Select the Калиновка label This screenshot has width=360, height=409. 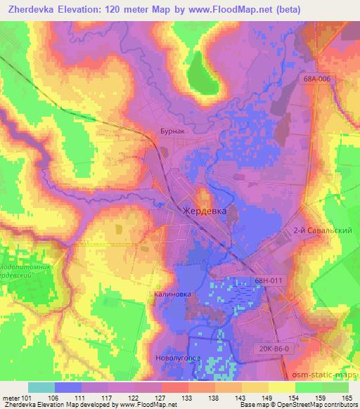click(x=171, y=296)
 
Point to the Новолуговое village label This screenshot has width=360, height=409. click(x=178, y=358)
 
